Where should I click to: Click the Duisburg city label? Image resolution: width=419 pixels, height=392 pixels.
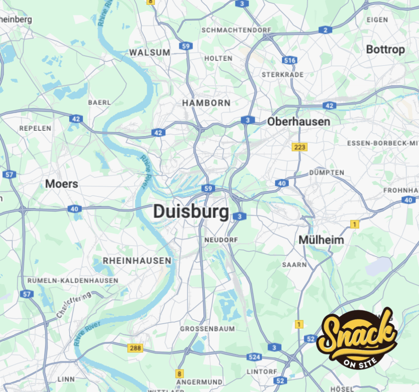tap(191, 212)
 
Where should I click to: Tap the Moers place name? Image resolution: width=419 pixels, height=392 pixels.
tap(61, 184)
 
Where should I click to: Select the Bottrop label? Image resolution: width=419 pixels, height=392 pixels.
tap(385, 50)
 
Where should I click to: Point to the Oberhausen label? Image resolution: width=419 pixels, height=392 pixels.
tap(298, 122)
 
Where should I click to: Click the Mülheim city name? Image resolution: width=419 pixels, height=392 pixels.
tap(321, 240)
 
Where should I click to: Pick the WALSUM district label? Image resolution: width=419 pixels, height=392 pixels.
tap(149, 52)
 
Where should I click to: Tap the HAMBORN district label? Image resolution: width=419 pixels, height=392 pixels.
tap(206, 103)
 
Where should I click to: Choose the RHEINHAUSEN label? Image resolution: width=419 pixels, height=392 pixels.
tap(137, 260)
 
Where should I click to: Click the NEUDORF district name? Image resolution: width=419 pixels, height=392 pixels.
tap(221, 240)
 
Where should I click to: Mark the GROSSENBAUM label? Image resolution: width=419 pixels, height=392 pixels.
tap(207, 329)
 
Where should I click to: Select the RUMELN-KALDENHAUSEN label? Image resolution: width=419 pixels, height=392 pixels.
tap(73, 280)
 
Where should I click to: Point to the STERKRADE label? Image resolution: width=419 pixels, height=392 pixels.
tap(282, 74)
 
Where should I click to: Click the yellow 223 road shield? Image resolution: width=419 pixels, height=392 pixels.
tap(300, 147)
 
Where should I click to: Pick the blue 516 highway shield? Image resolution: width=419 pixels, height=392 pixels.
tap(289, 61)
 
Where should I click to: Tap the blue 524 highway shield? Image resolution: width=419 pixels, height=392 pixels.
tap(254, 357)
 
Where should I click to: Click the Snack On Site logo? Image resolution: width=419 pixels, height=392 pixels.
tap(357, 336)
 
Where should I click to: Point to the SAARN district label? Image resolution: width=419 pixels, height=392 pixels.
tap(294, 265)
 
